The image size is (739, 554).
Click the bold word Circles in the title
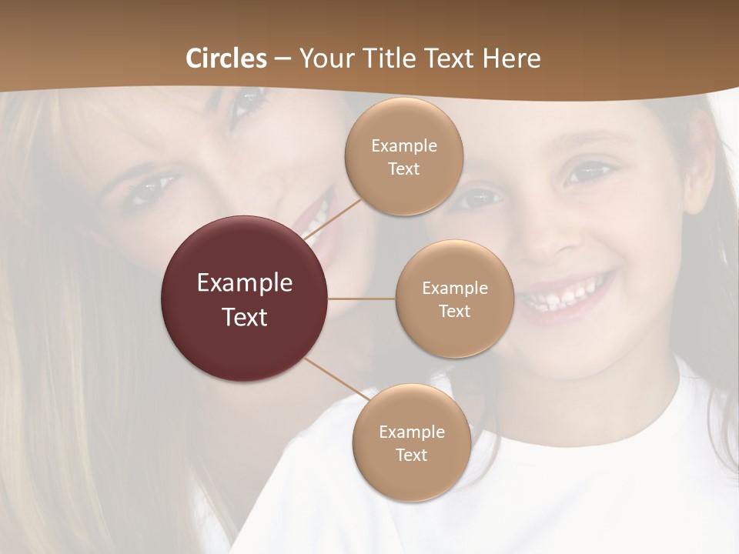pos(226,58)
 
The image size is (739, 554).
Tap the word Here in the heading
pos(511,58)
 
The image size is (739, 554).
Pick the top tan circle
pos(403,156)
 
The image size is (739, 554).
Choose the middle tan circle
pos(454,299)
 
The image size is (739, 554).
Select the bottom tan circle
pos(411,442)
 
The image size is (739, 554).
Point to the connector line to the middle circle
pos(362,299)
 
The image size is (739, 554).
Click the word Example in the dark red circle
pos(245,283)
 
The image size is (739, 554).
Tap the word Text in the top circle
pos(403,169)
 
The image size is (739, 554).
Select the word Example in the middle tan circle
pos(454,288)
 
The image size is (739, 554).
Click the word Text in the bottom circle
pos(411,455)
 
